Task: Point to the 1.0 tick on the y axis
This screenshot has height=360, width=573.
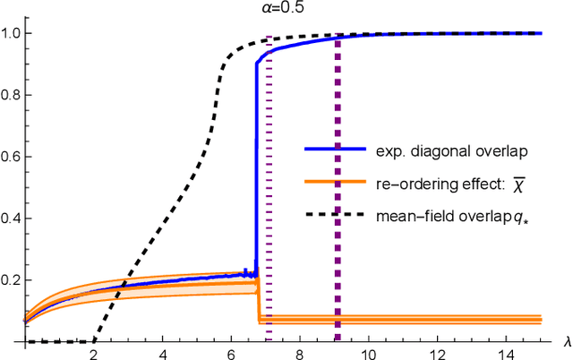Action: pos(12,33)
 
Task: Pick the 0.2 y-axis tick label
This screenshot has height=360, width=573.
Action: pos(12,280)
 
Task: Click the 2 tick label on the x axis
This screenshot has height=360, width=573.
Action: pos(93,352)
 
